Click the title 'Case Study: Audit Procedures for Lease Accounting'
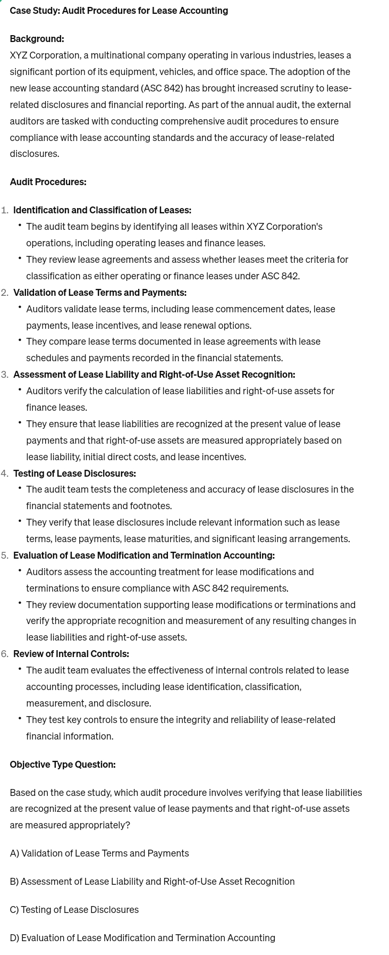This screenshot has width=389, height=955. pos(119,11)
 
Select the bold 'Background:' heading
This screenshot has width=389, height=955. pos(37,39)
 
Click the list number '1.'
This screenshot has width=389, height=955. pos(5,210)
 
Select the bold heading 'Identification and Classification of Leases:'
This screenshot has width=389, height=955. pos(102,210)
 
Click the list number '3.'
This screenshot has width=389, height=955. pos(5,375)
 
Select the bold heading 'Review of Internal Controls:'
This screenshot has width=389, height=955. pos(71,654)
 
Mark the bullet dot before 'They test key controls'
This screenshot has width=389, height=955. pos(20,719)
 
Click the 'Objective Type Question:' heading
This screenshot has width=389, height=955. pos(62,765)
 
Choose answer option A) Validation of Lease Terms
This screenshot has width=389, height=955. pos(99,853)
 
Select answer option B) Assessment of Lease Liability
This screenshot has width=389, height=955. pos(152,882)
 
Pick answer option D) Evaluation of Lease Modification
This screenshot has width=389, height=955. pos(142,938)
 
